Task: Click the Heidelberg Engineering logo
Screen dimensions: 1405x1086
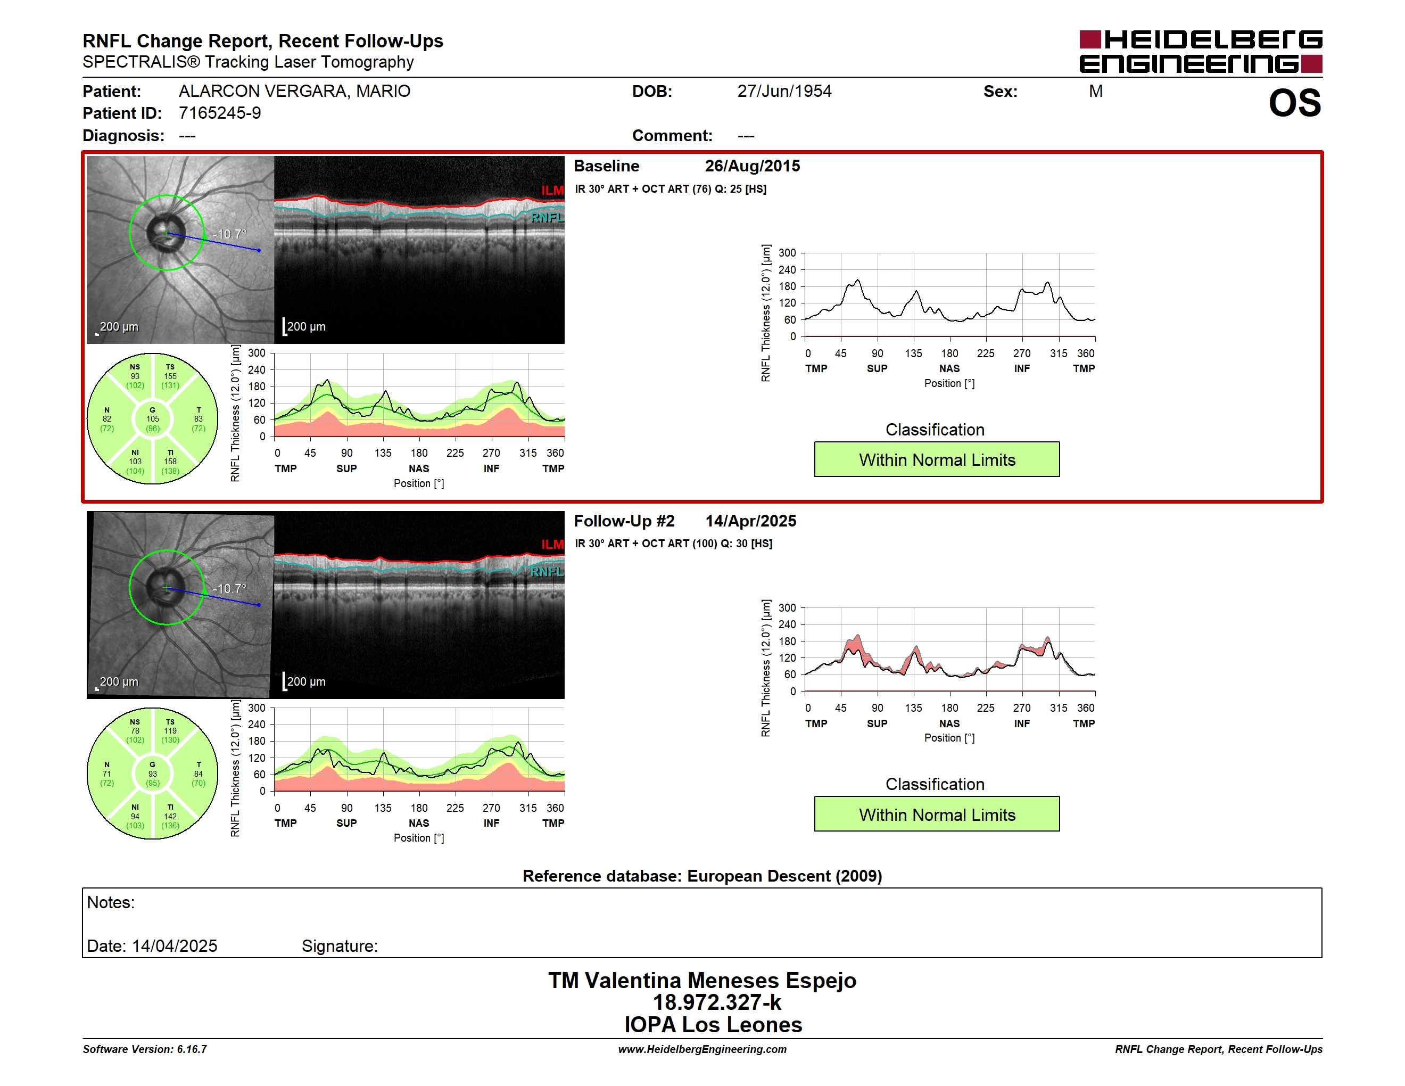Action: pyautogui.click(x=1201, y=52)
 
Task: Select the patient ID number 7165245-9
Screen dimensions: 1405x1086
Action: pyautogui.click(x=220, y=113)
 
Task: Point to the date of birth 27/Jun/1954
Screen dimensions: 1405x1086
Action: pyautogui.click(x=784, y=92)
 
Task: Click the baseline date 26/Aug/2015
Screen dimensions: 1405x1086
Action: pyautogui.click(x=752, y=166)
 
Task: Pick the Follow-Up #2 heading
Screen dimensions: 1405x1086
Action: pyautogui.click(x=624, y=521)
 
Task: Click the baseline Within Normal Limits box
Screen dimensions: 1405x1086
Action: pyautogui.click(x=937, y=459)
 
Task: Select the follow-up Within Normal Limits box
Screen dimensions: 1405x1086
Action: pyautogui.click(x=937, y=814)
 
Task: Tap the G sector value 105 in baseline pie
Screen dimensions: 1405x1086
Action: pyautogui.click(x=152, y=419)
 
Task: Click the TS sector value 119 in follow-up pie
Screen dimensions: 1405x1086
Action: pyautogui.click(x=170, y=731)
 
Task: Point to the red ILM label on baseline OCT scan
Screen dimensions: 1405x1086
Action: pyautogui.click(x=552, y=191)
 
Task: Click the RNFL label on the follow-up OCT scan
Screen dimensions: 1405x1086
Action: pyautogui.click(x=547, y=571)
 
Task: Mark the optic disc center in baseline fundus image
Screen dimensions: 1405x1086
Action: pyautogui.click(x=167, y=233)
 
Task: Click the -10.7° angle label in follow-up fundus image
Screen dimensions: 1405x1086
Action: pyautogui.click(x=230, y=589)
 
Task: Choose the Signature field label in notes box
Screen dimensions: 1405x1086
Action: pyautogui.click(x=340, y=946)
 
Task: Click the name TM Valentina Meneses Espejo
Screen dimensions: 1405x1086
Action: pyautogui.click(x=702, y=981)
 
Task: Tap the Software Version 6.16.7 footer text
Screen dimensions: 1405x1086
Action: pyautogui.click(x=145, y=1049)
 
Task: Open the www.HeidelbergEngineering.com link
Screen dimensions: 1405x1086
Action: pyautogui.click(x=702, y=1049)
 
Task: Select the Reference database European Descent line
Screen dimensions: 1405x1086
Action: pyautogui.click(x=702, y=876)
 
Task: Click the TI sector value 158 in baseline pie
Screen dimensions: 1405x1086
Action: pyautogui.click(x=170, y=462)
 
